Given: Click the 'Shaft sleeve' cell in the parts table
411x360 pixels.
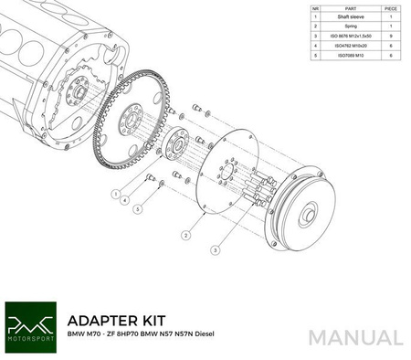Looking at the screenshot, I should tap(351, 17).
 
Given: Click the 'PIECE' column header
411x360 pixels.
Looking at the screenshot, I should tap(391, 7).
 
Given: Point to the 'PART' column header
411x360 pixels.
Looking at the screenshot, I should tap(351, 7).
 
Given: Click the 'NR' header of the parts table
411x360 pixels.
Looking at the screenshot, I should tap(315, 7).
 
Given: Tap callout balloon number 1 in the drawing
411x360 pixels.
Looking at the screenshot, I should tap(116, 195).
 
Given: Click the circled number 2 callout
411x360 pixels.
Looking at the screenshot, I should tap(185, 234).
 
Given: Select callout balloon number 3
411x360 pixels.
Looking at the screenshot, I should tap(216, 249).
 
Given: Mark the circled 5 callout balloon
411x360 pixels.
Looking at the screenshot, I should tap(138, 210).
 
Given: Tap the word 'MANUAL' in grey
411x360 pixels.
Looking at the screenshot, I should tap(355, 335).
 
